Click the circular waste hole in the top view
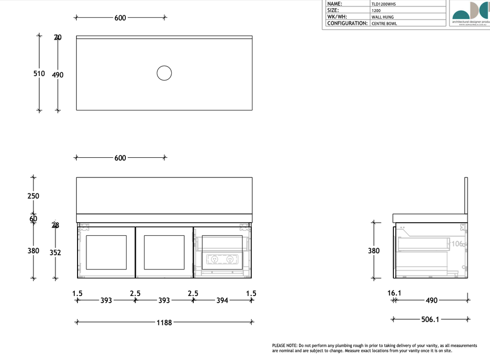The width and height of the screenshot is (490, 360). (164, 73)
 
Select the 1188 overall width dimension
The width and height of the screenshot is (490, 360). (165, 323)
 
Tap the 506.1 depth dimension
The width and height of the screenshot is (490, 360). (430, 319)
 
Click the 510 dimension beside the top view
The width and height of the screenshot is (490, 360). (39, 74)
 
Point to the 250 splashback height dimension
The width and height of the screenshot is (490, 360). (33, 196)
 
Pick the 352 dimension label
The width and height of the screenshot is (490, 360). (56, 252)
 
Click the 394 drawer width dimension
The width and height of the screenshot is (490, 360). (222, 301)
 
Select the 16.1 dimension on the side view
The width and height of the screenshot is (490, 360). (394, 293)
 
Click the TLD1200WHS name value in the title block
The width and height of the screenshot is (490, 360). (384, 4)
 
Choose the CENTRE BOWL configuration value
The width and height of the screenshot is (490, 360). (384, 23)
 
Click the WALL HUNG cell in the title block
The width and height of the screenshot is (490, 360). (383, 17)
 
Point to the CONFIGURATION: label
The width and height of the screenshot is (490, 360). (347, 23)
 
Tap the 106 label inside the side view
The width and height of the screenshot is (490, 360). (458, 244)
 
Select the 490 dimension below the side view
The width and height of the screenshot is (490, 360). (431, 301)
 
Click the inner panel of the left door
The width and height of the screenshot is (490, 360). (106, 252)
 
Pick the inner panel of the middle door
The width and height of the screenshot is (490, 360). (164, 252)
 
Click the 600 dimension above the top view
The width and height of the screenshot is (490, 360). (120, 18)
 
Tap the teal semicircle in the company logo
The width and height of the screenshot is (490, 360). (462, 12)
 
